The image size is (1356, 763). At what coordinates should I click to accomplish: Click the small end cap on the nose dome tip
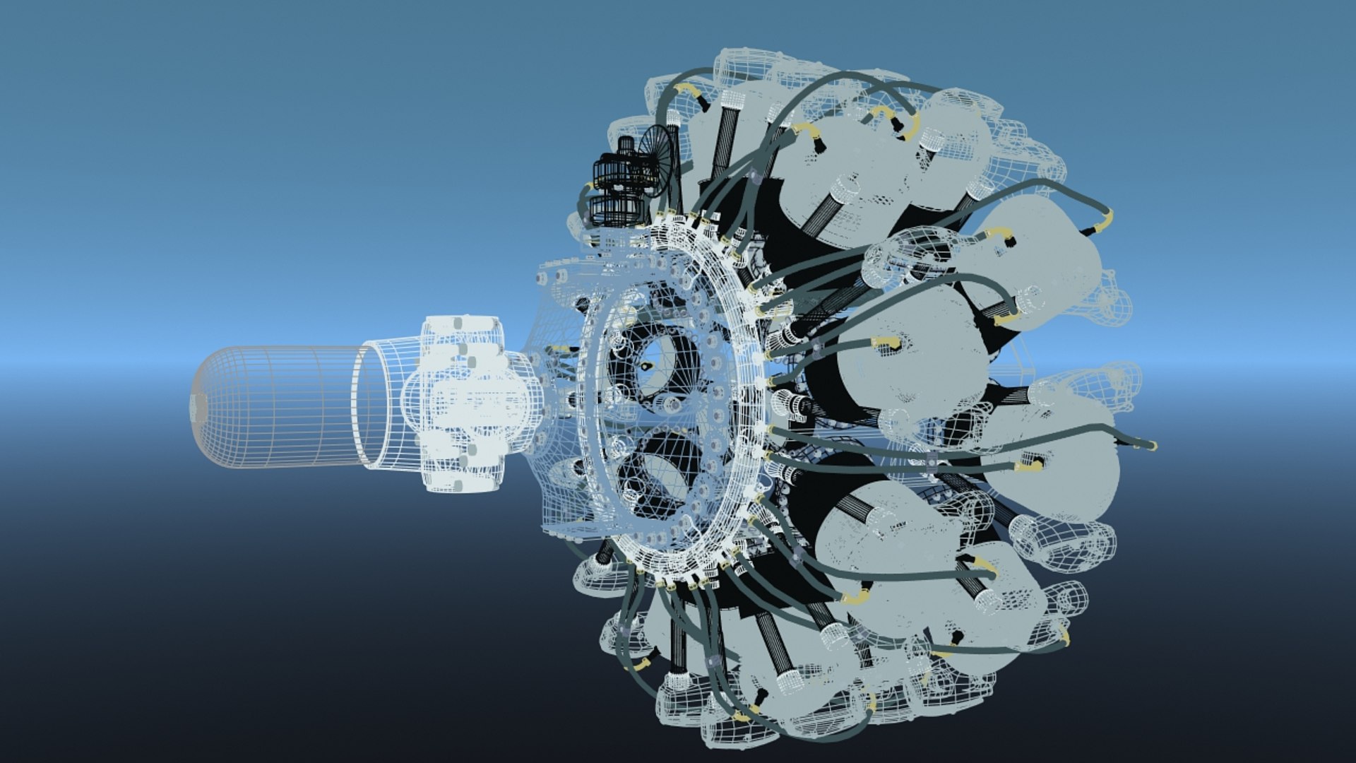pyautogui.click(x=194, y=407)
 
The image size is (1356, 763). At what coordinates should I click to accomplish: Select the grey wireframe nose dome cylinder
pyautogui.click(x=282, y=407)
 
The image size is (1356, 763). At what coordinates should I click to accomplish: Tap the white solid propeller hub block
pyautogui.click(x=463, y=405)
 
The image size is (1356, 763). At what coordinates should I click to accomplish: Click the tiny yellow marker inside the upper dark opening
pyautogui.click(x=646, y=366)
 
